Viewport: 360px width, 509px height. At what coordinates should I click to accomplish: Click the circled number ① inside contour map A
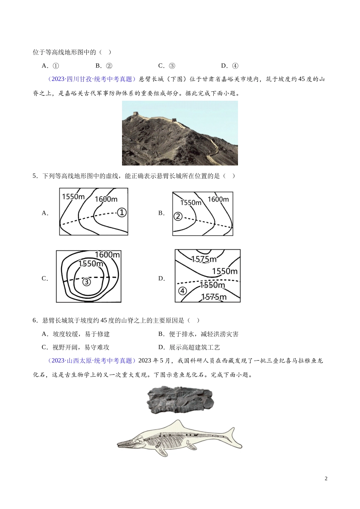point(122,213)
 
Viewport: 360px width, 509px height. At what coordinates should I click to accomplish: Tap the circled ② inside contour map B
point(178,216)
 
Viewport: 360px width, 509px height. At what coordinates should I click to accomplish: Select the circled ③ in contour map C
point(86,282)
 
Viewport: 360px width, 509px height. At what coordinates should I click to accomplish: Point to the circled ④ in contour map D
point(182,290)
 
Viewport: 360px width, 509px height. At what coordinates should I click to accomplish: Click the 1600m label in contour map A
point(106,199)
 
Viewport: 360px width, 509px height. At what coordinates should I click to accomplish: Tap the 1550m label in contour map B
point(191,203)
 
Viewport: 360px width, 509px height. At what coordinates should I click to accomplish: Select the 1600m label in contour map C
point(107,254)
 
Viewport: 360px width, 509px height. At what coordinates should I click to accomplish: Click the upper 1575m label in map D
point(204,259)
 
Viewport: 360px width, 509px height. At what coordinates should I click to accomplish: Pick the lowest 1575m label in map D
point(214,297)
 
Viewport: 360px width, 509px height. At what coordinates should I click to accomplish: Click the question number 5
point(35,176)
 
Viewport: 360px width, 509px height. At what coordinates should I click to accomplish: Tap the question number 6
point(35,320)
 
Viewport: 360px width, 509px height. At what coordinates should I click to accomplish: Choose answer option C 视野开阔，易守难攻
point(75,347)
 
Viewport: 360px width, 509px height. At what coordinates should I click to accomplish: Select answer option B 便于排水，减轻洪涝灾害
point(198,334)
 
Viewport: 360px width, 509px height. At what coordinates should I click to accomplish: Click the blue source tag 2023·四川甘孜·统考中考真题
point(92,79)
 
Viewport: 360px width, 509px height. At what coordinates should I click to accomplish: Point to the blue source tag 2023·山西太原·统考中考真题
point(92,361)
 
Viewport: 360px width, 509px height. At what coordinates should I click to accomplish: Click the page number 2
point(326,478)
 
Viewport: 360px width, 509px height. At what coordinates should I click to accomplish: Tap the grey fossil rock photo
point(181,400)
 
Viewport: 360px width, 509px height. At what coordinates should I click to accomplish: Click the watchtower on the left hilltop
point(136,113)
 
